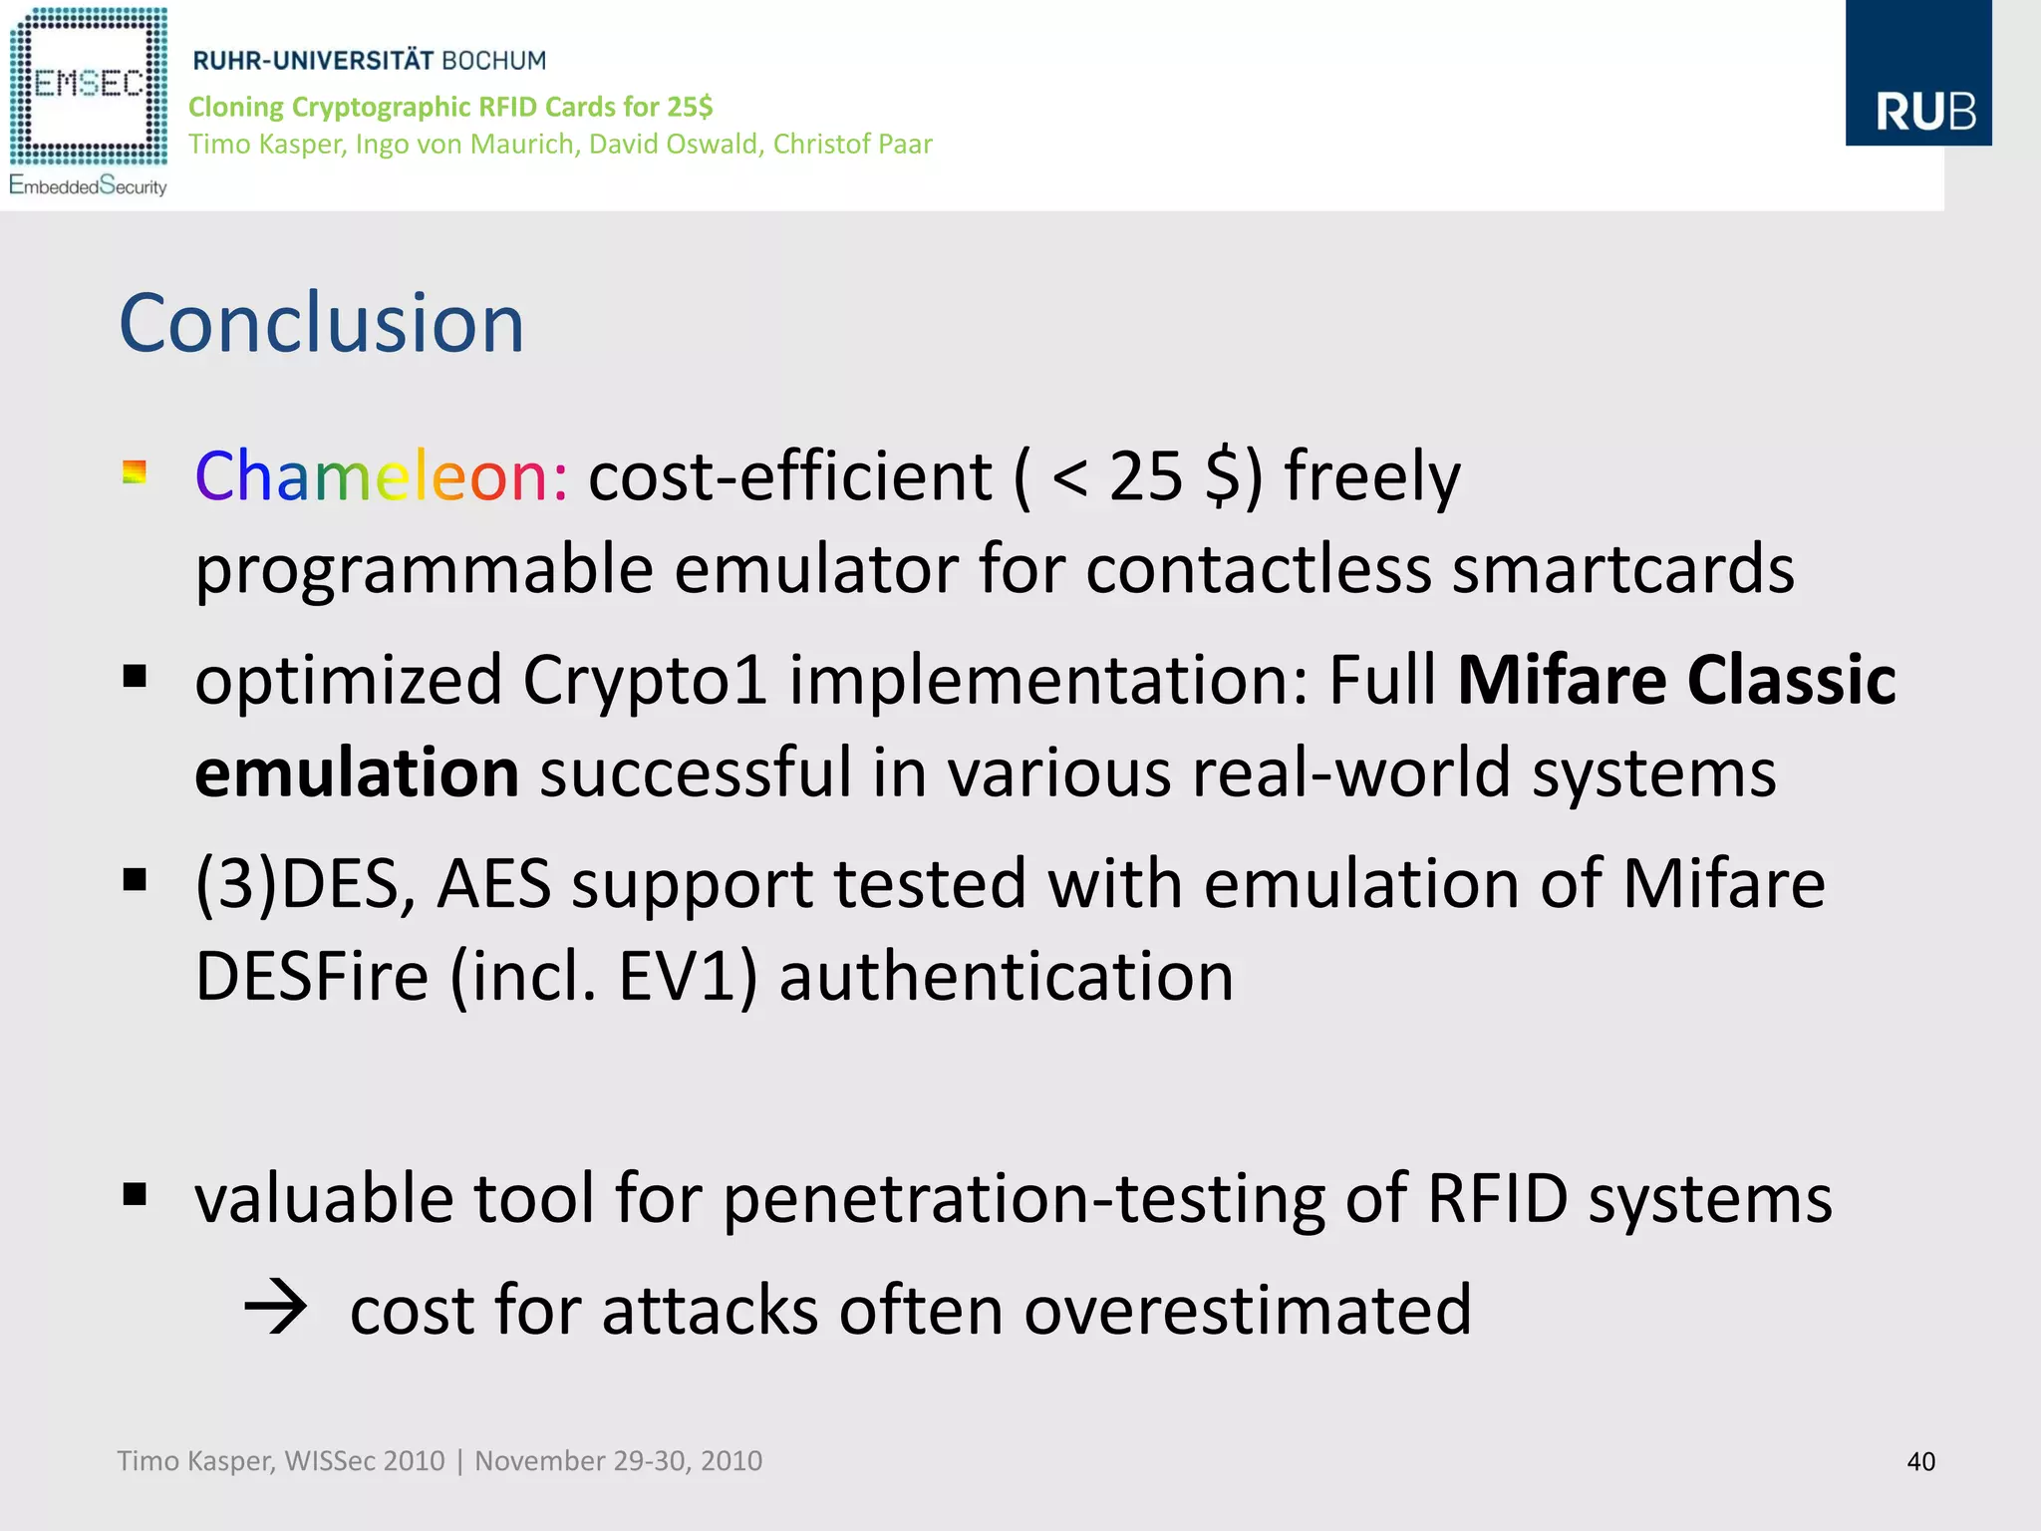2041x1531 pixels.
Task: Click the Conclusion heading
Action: pyautogui.click(x=321, y=323)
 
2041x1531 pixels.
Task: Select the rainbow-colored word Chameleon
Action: pyautogui.click(x=381, y=476)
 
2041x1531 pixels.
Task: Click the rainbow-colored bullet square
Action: pyautogui.click(x=135, y=471)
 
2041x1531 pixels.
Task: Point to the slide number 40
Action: pyautogui.click(x=1920, y=1461)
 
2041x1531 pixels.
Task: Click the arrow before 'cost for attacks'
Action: pyautogui.click(x=275, y=1308)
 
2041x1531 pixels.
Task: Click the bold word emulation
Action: pyautogui.click(x=357, y=772)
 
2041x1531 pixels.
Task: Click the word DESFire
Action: pyautogui.click(x=312, y=976)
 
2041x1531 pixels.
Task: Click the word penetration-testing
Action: pyautogui.click(x=1023, y=1198)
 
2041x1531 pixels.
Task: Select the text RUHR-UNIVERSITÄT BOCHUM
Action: pyautogui.click(x=369, y=61)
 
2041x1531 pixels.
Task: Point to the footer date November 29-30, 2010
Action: pyautogui.click(x=618, y=1461)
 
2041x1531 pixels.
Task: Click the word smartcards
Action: pyautogui.click(x=1622, y=569)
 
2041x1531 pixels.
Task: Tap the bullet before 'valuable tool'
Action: pyautogui.click(x=135, y=1194)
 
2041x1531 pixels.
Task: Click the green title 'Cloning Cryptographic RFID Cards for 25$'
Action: pyautogui.click(x=450, y=107)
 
